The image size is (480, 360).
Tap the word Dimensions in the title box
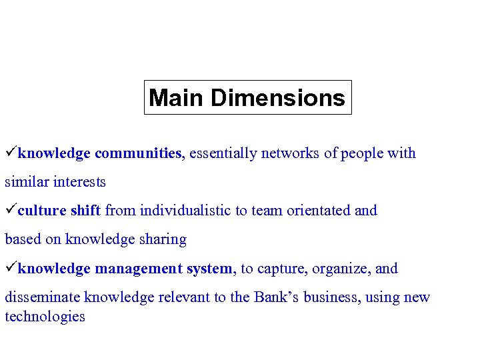pos(278,98)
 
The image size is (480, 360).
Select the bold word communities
pos(138,153)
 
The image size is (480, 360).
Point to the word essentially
pos(219,153)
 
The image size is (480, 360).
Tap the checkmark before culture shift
pos(11,210)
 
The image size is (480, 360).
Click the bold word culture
pos(42,211)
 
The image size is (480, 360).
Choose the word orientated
pos(318,211)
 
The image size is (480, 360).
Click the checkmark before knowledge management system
pos(11,268)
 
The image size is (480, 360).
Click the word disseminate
pos(43,297)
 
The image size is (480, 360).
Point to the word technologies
pos(45,317)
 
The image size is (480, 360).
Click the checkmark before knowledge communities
pos(11,153)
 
